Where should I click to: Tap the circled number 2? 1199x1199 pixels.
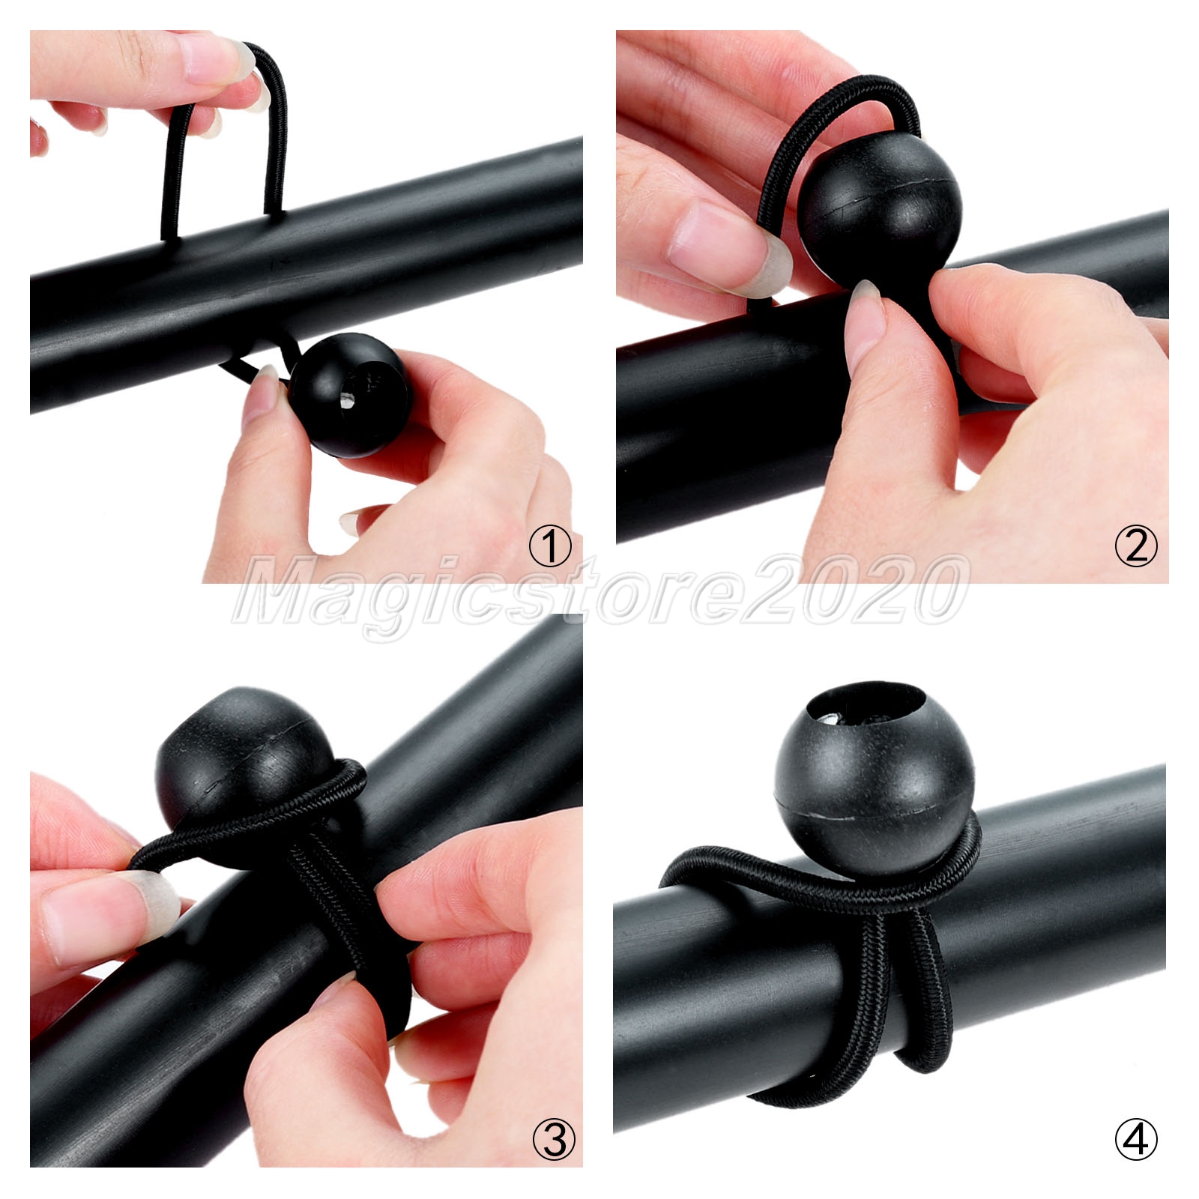pyautogui.click(x=1136, y=548)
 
